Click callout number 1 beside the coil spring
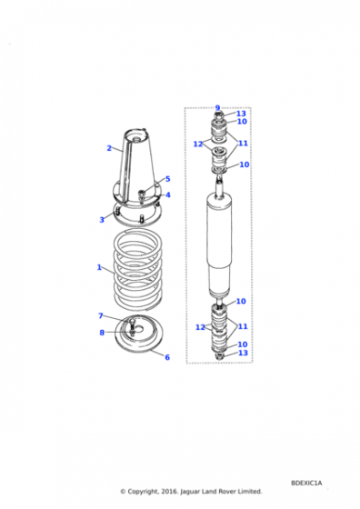point(99,267)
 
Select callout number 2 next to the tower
point(109,148)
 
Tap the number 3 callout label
point(102,220)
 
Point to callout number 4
point(168,195)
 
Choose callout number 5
point(168,179)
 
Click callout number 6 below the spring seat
point(167,357)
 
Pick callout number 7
point(101,316)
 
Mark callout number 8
point(102,333)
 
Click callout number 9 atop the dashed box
point(217,108)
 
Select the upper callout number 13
point(241,114)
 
